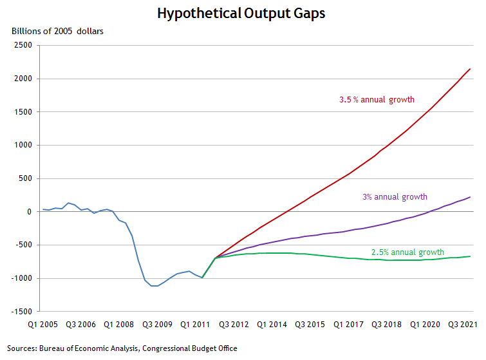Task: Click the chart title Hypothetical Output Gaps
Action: pyautogui.click(x=243, y=13)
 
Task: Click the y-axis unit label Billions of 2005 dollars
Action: pyautogui.click(x=57, y=31)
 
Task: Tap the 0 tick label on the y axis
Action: pyautogui.click(x=29, y=211)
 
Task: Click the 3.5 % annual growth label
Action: pyautogui.click(x=377, y=100)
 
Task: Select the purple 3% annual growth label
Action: pyautogui.click(x=395, y=197)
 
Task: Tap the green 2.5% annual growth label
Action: pyautogui.click(x=407, y=252)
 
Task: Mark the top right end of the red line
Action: pyautogui.click(x=470, y=69)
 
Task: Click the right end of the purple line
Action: pyautogui.click(x=470, y=197)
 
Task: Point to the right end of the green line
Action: pyautogui.click(x=470, y=256)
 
